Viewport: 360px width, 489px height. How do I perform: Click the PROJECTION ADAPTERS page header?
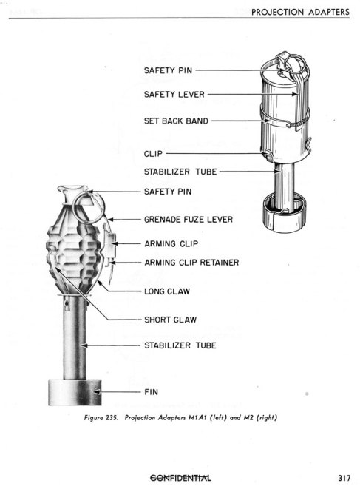(300, 12)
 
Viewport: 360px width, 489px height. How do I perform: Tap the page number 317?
(344, 478)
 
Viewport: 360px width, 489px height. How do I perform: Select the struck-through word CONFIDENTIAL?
(180, 478)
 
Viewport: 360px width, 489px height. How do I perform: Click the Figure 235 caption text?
(180, 417)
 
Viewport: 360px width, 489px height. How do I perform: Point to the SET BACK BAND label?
(176, 121)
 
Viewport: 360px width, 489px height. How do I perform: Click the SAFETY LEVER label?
(174, 94)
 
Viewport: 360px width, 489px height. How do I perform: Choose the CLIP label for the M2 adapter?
(153, 154)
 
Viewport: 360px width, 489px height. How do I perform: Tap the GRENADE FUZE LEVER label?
(189, 220)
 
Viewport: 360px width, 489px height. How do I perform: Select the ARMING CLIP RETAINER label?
(191, 263)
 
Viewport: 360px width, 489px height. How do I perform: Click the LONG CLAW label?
(167, 291)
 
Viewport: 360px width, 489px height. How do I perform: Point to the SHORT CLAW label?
(171, 320)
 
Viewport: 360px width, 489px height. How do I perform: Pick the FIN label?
(151, 392)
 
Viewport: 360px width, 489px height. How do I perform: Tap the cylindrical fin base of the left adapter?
(75, 392)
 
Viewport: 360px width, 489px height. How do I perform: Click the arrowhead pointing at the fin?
(98, 392)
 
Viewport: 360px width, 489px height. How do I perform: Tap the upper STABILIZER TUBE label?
(180, 172)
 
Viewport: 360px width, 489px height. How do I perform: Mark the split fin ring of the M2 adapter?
(285, 213)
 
